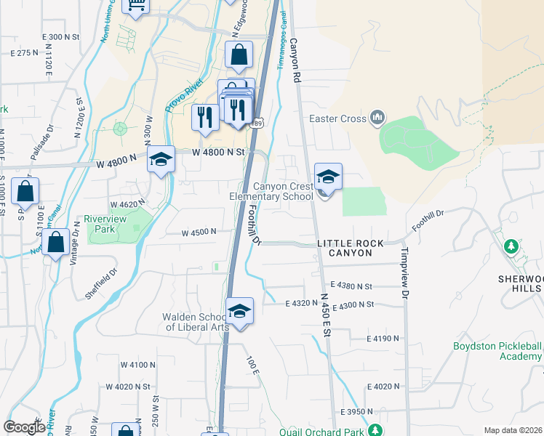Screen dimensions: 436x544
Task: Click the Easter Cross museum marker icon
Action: [x=377, y=117]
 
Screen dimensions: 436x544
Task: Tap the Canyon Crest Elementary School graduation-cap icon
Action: [x=328, y=177]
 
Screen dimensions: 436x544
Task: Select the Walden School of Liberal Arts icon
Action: [x=239, y=311]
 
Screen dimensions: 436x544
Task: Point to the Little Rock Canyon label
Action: [x=345, y=248]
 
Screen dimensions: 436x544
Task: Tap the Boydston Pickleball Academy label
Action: [x=497, y=351]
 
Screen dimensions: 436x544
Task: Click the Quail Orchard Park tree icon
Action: [x=375, y=430]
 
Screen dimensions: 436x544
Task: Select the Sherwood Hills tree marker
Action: [x=511, y=247]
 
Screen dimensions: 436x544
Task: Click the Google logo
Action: [x=24, y=427]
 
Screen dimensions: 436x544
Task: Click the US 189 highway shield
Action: [x=256, y=124]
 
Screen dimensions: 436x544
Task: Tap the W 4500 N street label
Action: [x=199, y=232]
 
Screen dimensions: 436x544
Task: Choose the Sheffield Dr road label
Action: [x=101, y=283]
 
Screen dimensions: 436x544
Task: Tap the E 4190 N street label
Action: [x=383, y=339]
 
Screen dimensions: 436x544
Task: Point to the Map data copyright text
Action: [x=513, y=430]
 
